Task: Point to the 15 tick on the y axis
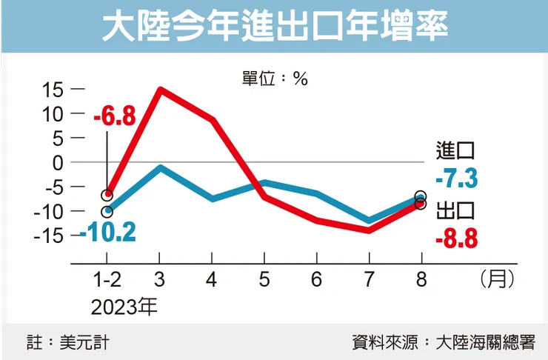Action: pyautogui.click(x=54, y=90)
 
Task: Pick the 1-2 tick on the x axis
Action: pyautogui.click(x=107, y=281)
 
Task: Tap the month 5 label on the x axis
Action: pyautogui.click(x=264, y=281)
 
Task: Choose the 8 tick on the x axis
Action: pyautogui.click(x=421, y=281)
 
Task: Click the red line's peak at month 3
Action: pyautogui.click(x=160, y=90)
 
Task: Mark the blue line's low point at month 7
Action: pyautogui.click(x=369, y=221)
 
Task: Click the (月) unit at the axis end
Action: pyautogui.click(x=497, y=281)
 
